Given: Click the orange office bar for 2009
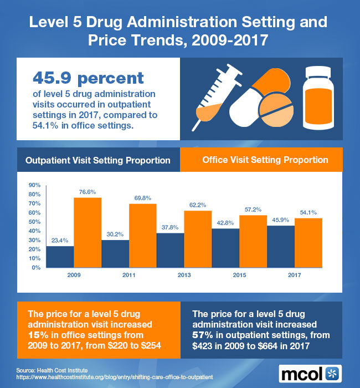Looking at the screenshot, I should pos(88,232).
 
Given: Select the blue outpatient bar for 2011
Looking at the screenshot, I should pos(115,253).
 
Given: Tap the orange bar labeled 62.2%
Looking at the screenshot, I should pos(198,239).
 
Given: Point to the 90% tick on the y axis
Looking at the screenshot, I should pos(34,185).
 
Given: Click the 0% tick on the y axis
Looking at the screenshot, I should pos(36,268).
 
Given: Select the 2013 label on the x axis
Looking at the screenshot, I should pos(184,274).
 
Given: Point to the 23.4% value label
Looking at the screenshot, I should pos(60,241).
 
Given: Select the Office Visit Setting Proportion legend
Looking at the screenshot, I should pos(265,160).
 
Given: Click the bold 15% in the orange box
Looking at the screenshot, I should pos(37,334).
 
